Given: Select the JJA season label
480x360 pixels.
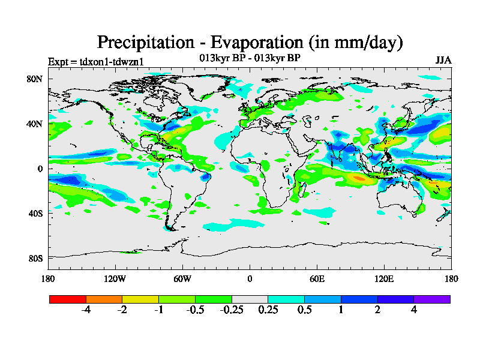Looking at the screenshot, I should tap(443, 61).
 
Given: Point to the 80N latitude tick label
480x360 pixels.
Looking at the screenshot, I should tap(35, 79).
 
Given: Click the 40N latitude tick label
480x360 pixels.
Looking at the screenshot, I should tap(35, 124).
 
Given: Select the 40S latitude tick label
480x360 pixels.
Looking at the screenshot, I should tap(35, 213).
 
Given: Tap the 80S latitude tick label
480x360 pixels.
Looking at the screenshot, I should tap(35, 258).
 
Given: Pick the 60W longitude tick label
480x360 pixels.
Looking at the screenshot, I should tap(182, 278).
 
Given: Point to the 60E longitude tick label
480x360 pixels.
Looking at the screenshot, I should tap(317, 278).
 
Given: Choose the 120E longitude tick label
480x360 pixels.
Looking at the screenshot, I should tap(384, 278).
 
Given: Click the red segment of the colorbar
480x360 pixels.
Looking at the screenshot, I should tap(68, 299).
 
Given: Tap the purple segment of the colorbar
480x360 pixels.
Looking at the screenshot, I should tap(432, 299).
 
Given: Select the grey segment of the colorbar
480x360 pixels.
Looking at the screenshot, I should tap(250, 299).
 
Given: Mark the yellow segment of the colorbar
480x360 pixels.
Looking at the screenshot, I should tap(140, 299).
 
